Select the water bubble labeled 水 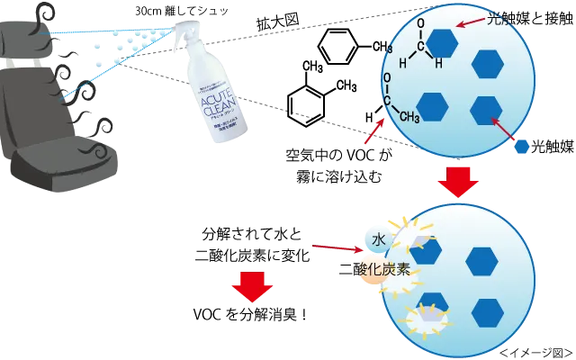point(379,239)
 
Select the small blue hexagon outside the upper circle point(521,147)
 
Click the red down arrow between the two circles point(459,184)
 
